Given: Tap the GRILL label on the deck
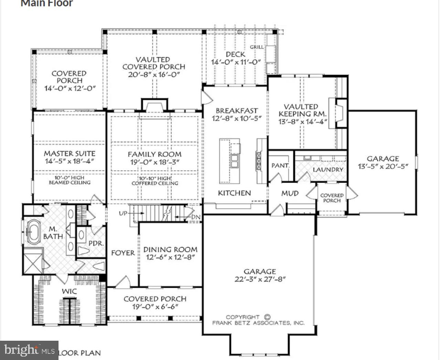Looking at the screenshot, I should tap(257, 47).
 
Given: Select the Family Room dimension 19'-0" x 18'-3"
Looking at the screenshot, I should tap(154, 162).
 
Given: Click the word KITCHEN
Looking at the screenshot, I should tap(234, 193).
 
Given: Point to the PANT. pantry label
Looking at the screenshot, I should tap(280, 166).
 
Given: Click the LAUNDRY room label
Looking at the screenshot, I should tap(328, 169).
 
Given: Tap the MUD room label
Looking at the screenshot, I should tap(290, 193).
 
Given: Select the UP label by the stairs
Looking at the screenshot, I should tap(123, 213).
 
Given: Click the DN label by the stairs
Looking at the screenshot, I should tap(196, 217).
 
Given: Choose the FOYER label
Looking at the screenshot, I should tap(123, 253).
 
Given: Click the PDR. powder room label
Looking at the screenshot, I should tap(96, 243).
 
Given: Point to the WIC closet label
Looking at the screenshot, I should tap(69, 291).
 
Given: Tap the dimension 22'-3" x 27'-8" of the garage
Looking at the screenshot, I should tap(260, 279).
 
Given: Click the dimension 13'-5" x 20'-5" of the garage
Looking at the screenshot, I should tap(383, 166).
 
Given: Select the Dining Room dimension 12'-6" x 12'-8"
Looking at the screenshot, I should tap(170, 257).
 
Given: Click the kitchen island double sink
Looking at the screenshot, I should tap(235, 161).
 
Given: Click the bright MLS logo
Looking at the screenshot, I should tap(29, 350).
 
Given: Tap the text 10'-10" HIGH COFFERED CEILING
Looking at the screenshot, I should tap(155, 181).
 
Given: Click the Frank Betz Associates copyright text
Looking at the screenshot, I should tap(258, 320).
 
